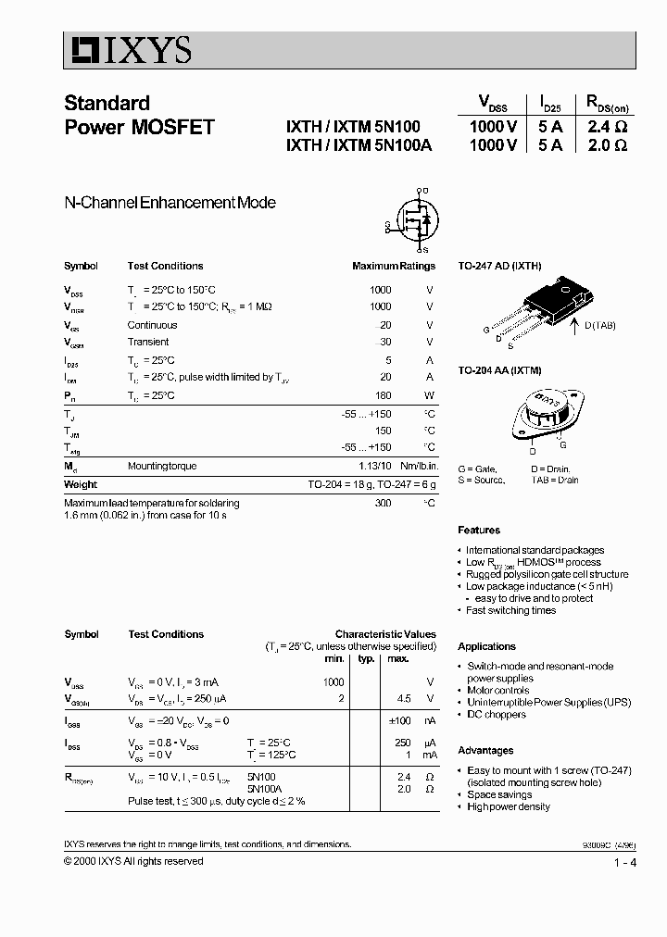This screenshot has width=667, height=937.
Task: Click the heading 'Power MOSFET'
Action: click(x=139, y=128)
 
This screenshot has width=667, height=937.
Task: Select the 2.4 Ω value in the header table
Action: click(x=607, y=127)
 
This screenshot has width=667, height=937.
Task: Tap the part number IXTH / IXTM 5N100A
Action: click(x=359, y=145)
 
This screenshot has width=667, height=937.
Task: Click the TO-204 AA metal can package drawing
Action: click(x=547, y=413)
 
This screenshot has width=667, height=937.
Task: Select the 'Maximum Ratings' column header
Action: click(x=393, y=266)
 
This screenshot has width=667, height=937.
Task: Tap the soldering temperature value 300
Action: click(x=381, y=503)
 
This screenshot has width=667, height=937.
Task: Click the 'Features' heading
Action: click(x=479, y=531)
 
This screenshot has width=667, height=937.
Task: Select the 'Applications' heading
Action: click(x=486, y=646)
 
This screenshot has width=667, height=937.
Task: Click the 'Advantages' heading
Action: click(x=485, y=750)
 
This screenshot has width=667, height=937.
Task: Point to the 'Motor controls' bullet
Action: click(x=498, y=691)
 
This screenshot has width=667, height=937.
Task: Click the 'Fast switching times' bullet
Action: click(x=510, y=610)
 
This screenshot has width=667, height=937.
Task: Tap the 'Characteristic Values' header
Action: click(x=384, y=634)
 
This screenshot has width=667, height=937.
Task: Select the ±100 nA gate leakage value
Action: click(x=398, y=720)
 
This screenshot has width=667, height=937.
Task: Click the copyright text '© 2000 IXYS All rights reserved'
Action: click(x=133, y=861)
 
